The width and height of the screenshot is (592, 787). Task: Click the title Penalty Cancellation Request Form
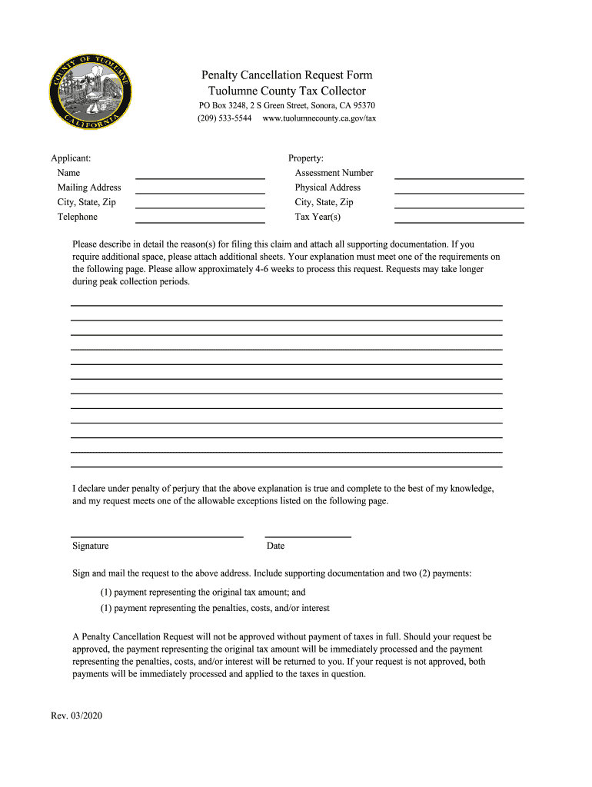tap(287, 75)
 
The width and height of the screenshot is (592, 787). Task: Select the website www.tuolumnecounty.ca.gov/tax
tap(319, 119)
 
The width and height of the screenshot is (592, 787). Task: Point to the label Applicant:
tap(71, 158)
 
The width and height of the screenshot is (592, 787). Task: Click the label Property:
tap(306, 158)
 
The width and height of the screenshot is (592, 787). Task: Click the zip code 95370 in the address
tap(363, 105)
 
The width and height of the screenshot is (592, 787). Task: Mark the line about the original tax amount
tap(203, 593)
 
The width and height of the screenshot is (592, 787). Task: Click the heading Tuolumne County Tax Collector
tap(287, 91)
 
